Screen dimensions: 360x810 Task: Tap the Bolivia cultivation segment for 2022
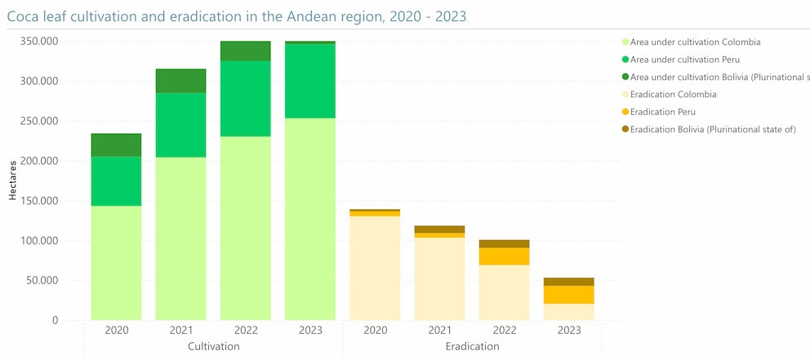(x=245, y=51)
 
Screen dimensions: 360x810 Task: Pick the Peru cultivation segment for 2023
(x=310, y=81)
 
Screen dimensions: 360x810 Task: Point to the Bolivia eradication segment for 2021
(x=439, y=229)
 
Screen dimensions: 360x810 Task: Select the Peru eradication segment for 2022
(x=504, y=256)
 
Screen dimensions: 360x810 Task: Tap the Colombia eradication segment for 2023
(x=569, y=312)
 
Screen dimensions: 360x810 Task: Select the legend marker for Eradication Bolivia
(x=625, y=130)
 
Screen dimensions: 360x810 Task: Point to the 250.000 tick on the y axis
(x=38, y=121)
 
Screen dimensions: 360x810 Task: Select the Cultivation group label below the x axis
(x=213, y=346)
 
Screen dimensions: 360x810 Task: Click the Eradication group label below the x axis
(x=472, y=346)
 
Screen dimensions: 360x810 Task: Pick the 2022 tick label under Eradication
(x=504, y=331)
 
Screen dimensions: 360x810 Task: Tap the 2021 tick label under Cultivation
(x=180, y=331)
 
